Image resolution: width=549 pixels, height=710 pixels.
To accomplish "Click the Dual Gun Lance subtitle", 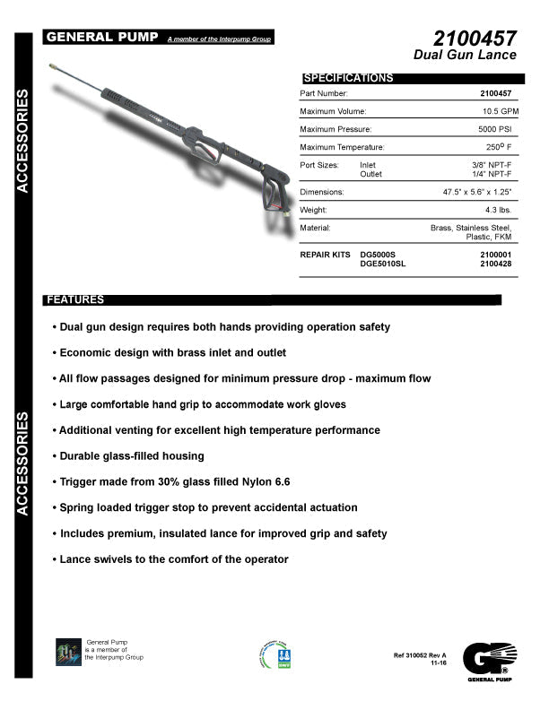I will (x=465, y=56).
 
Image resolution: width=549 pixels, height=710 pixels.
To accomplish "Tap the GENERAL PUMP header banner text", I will (x=102, y=37).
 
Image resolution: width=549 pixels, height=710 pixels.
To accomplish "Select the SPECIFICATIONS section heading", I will (x=349, y=78).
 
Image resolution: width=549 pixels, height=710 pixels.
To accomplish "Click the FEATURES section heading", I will (x=75, y=299).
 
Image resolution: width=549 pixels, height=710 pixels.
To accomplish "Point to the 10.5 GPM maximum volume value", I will (x=499, y=111).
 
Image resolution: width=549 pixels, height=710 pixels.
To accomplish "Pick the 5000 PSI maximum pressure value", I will (x=497, y=129).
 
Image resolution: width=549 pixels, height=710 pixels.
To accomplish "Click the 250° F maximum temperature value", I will (x=501, y=147).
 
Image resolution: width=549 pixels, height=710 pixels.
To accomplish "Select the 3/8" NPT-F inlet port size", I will (x=495, y=166).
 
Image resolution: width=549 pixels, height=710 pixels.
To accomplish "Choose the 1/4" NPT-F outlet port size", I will (x=495, y=175).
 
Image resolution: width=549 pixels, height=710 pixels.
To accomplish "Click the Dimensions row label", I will (x=322, y=193).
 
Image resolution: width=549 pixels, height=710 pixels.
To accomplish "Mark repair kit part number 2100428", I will (x=497, y=264).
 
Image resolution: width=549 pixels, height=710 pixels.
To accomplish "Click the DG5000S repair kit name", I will (x=378, y=255).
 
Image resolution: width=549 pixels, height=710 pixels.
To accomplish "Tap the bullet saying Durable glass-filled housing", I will (x=129, y=456).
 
